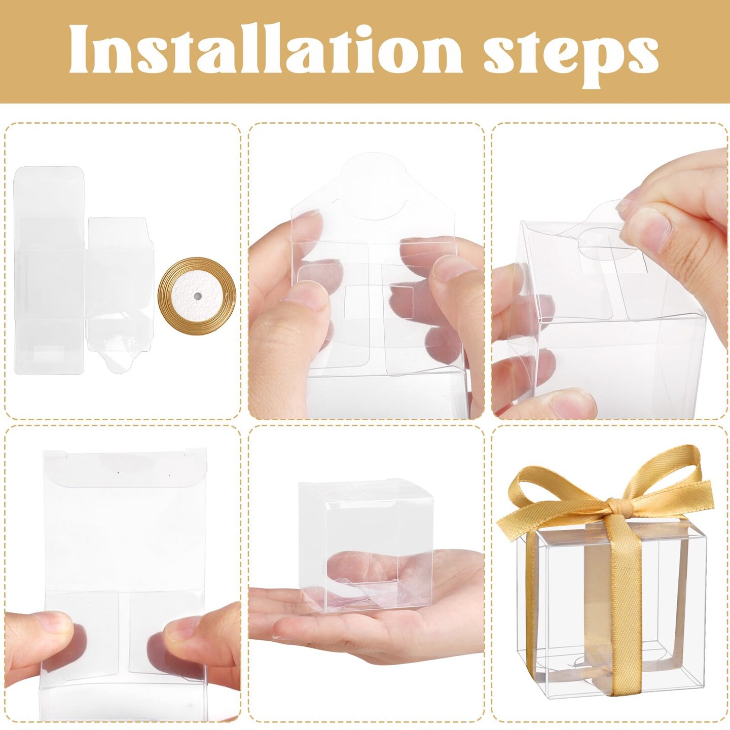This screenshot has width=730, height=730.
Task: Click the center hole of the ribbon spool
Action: click(x=197, y=298)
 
